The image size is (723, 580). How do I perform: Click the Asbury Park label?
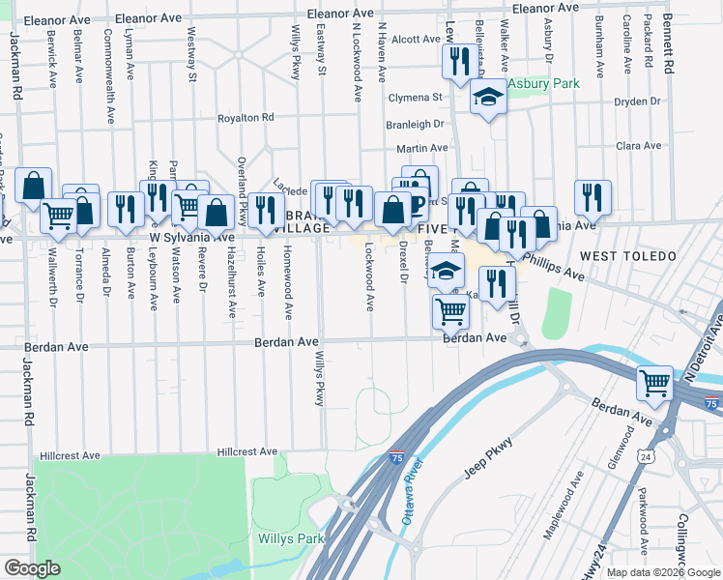click(x=545, y=84)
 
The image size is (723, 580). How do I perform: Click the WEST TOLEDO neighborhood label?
click(x=620, y=255)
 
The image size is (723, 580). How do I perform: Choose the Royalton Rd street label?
click(x=246, y=118)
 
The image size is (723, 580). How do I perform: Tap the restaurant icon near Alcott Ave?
click(x=456, y=61)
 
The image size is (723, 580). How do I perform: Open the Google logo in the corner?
click(x=31, y=568)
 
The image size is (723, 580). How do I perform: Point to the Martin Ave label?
click(x=422, y=148)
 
